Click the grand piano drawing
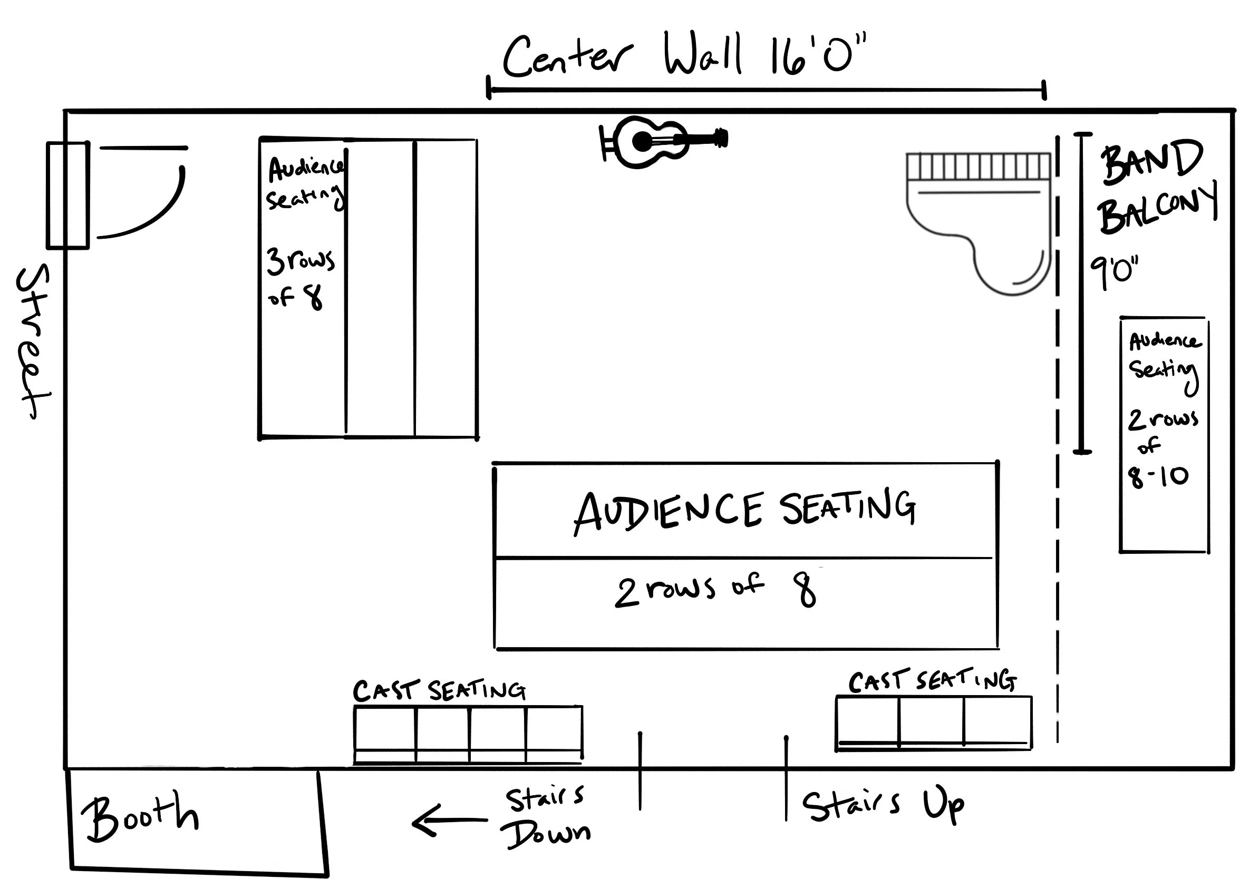point(979,219)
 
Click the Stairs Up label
point(883,806)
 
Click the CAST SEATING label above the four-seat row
point(439,690)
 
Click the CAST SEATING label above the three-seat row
point(932,681)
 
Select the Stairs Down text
point(546,816)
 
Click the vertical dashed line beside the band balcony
point(1058,438)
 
